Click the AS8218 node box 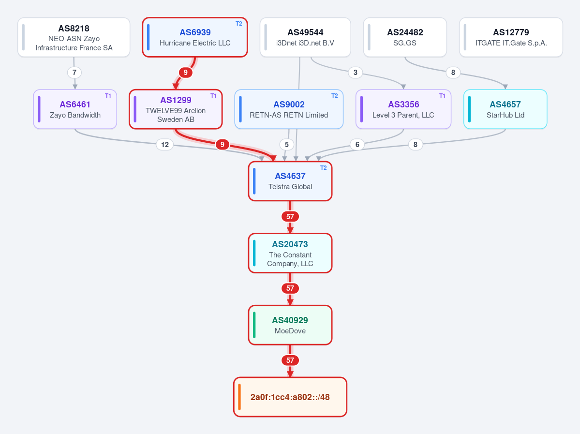click(74, 37)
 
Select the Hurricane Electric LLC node click(195, 37)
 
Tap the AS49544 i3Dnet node click(305, 37)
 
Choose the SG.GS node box click(405, 37)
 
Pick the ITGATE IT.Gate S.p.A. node click(511, 37)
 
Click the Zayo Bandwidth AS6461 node click(75, 109)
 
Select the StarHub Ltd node click(506, 109)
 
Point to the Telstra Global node click(290, 181)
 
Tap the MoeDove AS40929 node click(290, 325)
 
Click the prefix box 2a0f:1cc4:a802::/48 click(290, 397)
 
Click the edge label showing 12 click(165, 145)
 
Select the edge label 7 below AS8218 click(74, 73)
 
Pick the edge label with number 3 click(356, 73)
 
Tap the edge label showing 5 click(287, 145)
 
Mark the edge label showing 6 click(357, 145)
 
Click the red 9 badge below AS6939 click(186, 73)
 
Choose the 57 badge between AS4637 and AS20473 click(290, 216)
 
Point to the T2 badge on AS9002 click(334, 96)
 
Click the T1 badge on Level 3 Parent click(442, 96)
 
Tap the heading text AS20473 click(290, 244)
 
